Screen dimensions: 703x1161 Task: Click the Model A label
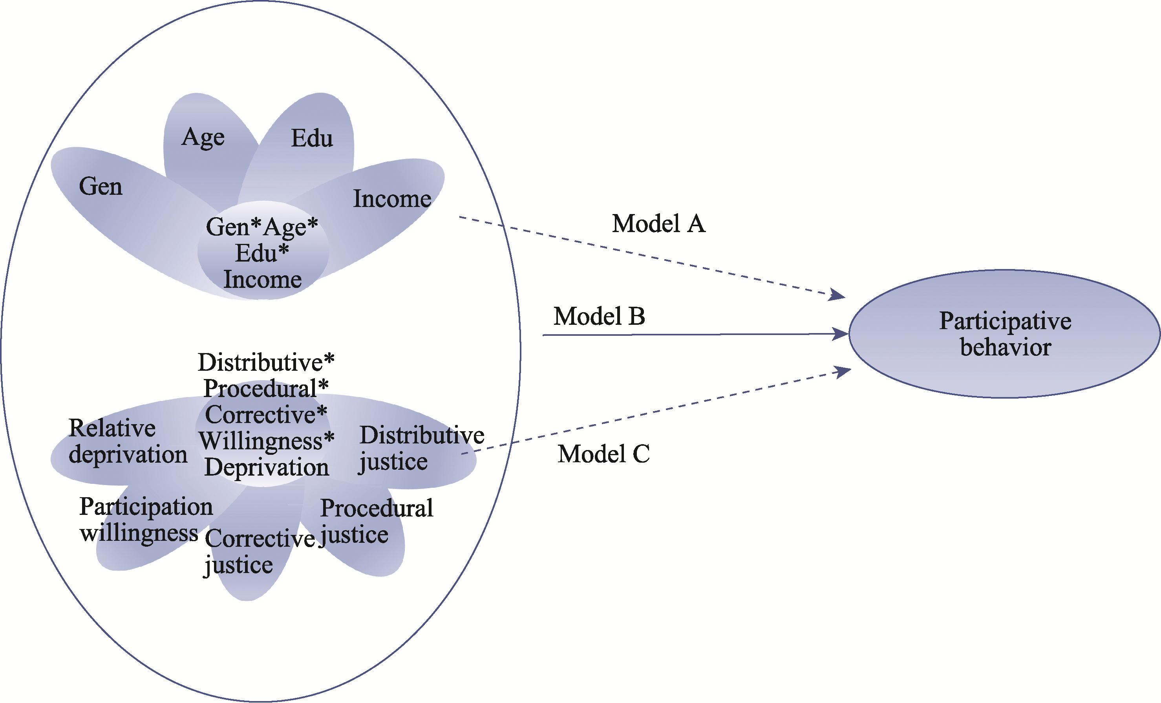tap(658, 224)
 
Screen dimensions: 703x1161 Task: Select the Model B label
tap(599, 316)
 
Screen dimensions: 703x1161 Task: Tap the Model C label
tap(603, 454)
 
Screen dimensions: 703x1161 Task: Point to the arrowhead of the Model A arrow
tap(838, 295)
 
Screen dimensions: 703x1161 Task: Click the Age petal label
tap(203, 137)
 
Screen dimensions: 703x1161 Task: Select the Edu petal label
tap(312, 139)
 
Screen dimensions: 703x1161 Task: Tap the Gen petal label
tap(101, 187)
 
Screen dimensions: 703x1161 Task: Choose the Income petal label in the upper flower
tap(392, 199)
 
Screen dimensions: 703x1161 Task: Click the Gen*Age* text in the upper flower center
tap(262, 227)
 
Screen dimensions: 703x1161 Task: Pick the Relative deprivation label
tap(128, 441)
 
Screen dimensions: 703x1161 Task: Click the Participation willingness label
tap(146, 520)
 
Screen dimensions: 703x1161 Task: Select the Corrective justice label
tap(260, 551)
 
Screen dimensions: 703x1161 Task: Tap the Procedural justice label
tap(376, 522)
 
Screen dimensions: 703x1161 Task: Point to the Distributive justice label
tap(421, 448)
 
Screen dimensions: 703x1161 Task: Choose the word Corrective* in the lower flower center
tap(266, 415)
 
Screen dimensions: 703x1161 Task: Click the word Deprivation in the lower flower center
tap(266, 468)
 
